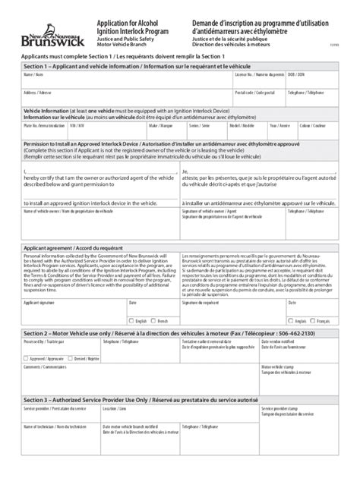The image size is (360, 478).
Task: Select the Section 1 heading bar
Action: tap(180, 67)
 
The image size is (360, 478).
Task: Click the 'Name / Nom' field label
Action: tap(33, 75)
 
